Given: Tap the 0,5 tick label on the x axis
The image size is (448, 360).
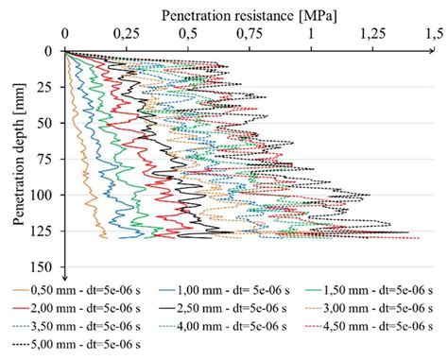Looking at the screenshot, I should pyautogui.click(x=188, y=34).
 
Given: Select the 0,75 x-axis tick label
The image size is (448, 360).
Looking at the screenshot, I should pyautogui.click(x=250, y=34).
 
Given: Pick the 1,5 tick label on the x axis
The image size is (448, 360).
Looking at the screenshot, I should pyautogui.click(x=435, y=34).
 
